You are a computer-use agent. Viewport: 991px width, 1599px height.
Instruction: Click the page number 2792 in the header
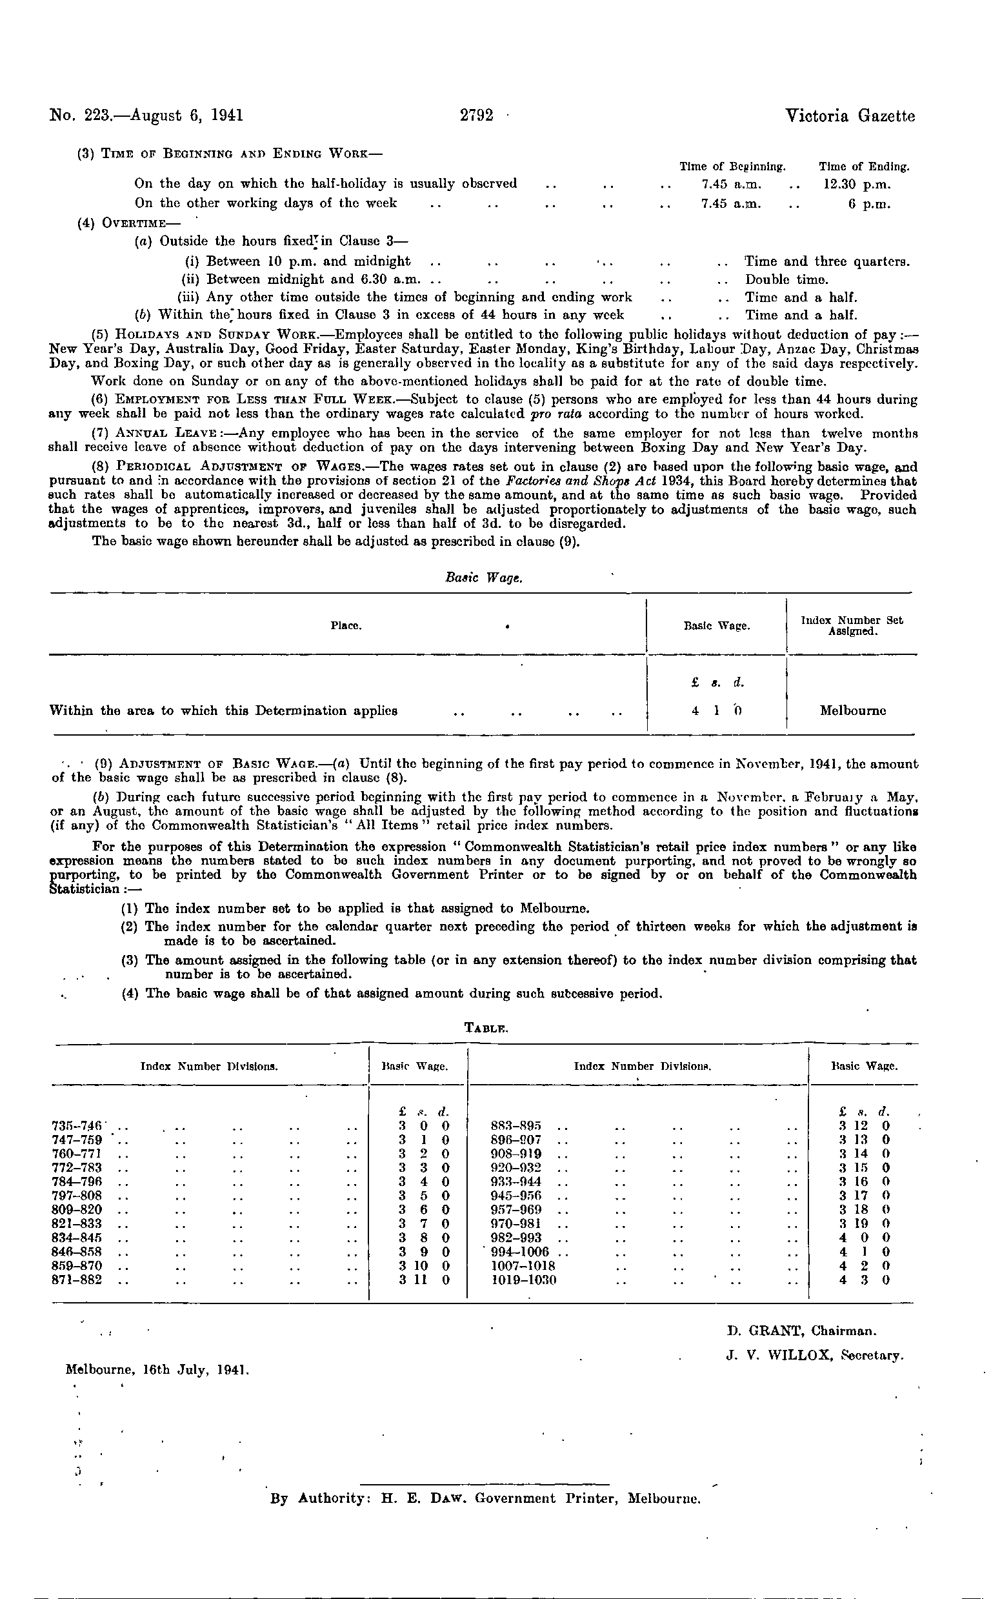[x=477, y=116]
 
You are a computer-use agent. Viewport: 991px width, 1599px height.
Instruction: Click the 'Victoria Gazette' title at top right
[x=850, y=116]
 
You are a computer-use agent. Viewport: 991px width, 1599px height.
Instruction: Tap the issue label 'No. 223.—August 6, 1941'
[x=146, y=116]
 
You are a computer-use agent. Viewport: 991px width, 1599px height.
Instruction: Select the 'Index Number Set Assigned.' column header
[x=852, y=626]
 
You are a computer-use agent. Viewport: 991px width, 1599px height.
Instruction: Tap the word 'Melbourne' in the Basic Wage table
[x=854, y=710]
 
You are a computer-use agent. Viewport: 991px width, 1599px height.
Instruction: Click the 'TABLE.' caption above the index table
[x=486, y=1028]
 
